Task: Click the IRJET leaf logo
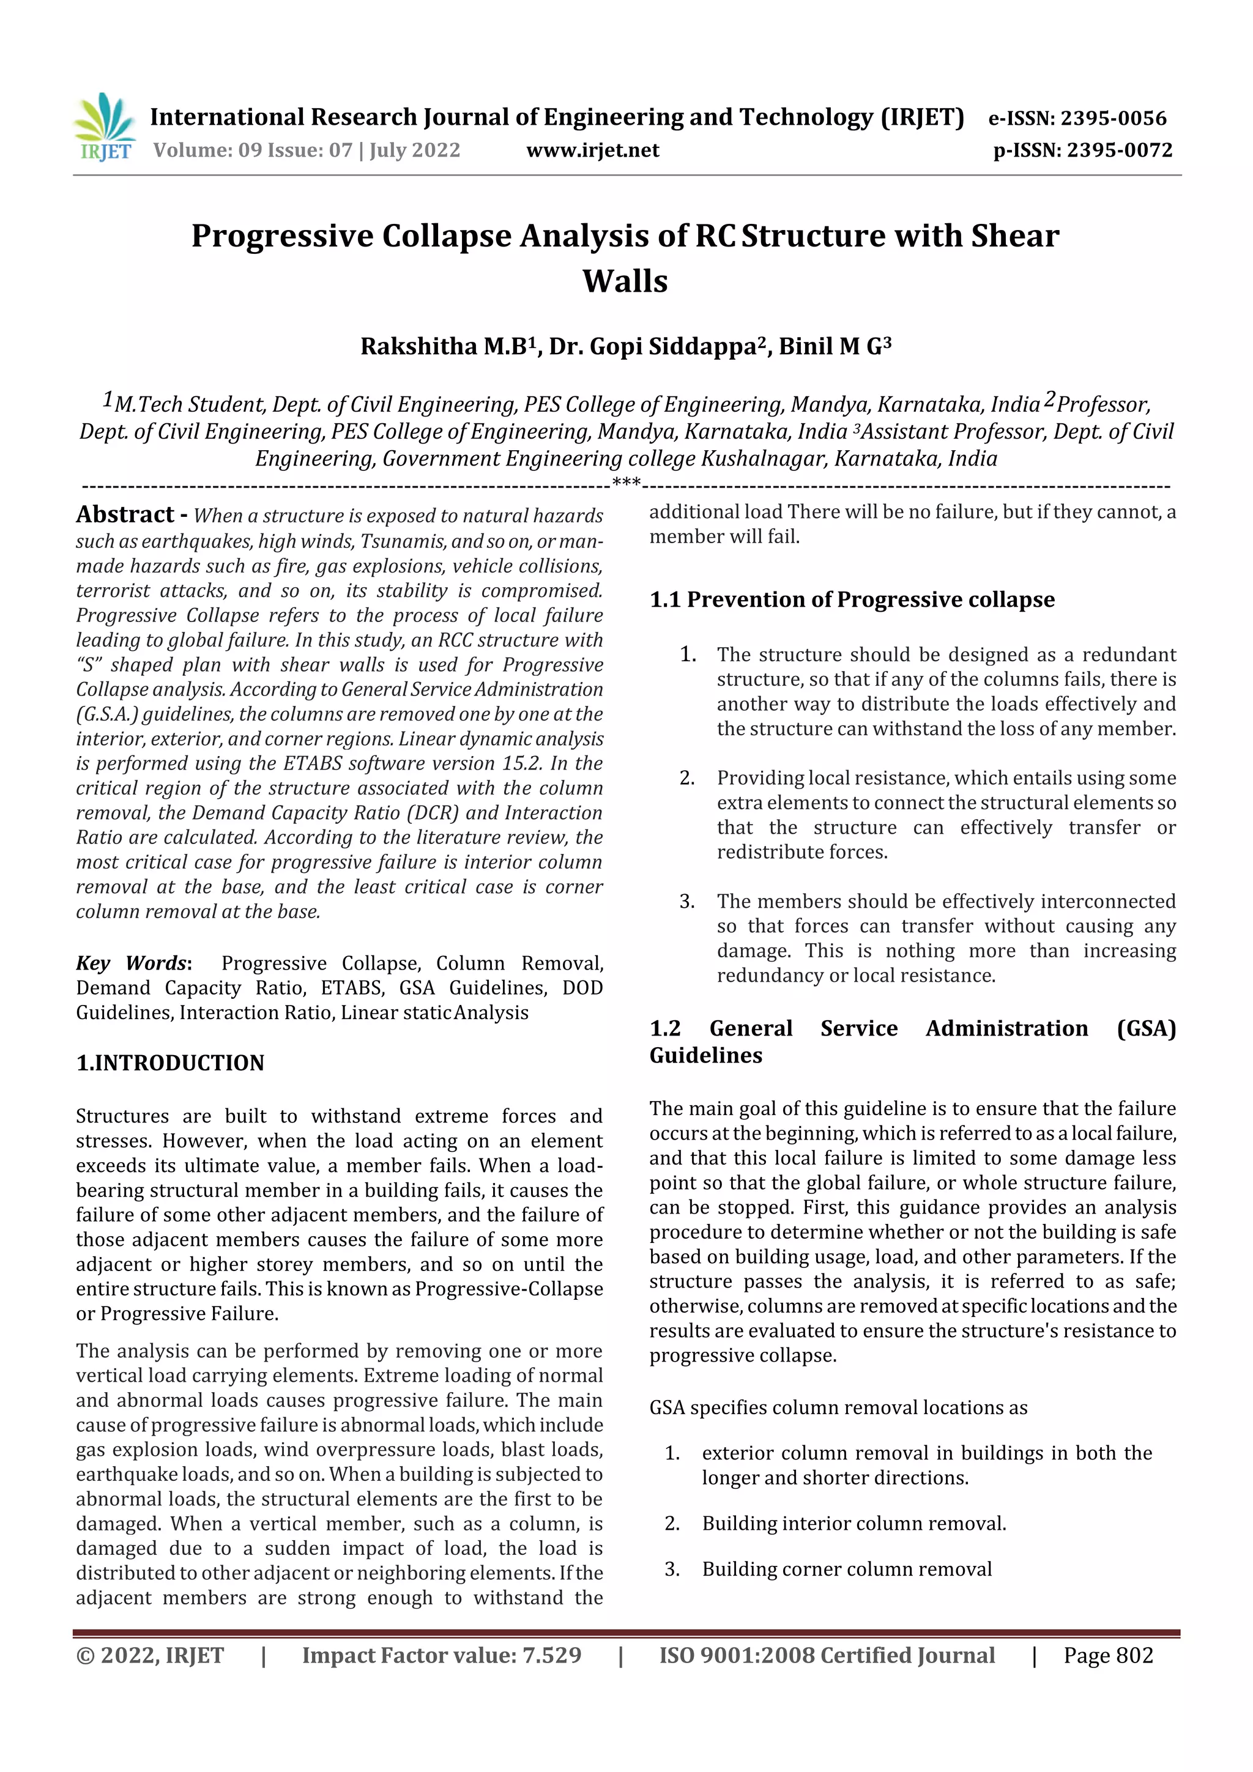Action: click(105, 127)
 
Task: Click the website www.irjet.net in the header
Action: click(592, 150)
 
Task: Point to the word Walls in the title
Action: click(625, 281)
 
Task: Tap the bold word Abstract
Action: click(125, 514)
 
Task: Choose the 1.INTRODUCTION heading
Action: click(170, 1062)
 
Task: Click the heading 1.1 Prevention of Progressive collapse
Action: click(852, 599)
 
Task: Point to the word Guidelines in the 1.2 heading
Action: click(705, 1055)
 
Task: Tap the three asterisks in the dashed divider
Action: click(626, 484)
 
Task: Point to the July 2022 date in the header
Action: click(415, 150)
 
